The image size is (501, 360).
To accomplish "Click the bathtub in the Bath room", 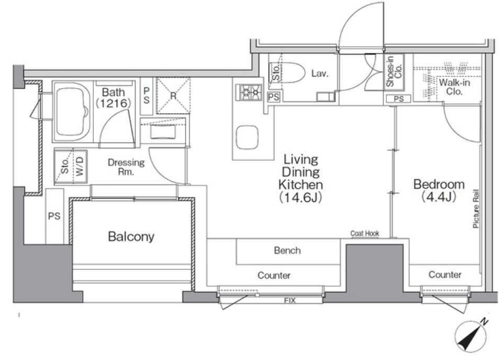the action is [72, 112].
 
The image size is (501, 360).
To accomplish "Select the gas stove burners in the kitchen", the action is [248, 92].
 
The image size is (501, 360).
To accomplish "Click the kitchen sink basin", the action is [247, 137].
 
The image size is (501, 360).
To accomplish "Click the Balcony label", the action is [131, 236].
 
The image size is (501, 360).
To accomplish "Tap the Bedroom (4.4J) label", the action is [439, 191].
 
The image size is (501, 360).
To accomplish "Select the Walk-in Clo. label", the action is [454, 87].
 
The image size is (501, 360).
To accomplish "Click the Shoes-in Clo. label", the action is [394, 71].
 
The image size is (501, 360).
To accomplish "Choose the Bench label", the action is [287, 250].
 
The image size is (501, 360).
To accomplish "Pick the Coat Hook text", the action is [364, 233].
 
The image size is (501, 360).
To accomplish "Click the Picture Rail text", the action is [476, 209].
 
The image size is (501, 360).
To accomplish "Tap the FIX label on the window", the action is [290, 300].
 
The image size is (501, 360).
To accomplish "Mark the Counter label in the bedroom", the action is [445, 274].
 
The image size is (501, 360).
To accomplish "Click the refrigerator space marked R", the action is [173, 95].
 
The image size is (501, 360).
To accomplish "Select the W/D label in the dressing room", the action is [80, 166].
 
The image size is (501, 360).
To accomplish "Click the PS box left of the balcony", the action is [54, 216].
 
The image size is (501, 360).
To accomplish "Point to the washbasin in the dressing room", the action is [163, 132].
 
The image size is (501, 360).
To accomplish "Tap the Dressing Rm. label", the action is [126, 167].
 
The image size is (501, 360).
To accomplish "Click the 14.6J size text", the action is [300, 198].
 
